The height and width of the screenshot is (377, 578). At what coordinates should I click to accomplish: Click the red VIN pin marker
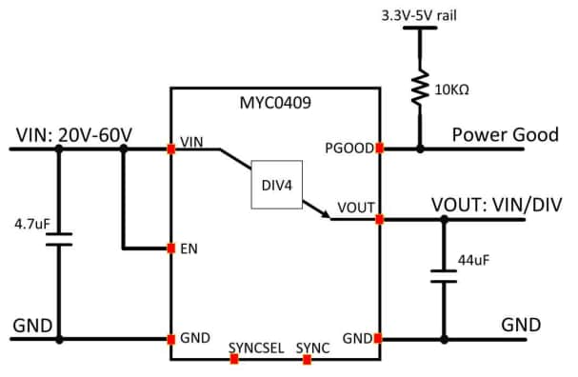tap(171, 149)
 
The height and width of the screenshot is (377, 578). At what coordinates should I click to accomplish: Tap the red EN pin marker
tap(171, 248)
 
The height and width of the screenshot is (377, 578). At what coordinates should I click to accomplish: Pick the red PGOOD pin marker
tap(380, 149)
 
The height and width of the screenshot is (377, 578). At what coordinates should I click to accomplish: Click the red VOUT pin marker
tap(380, 220)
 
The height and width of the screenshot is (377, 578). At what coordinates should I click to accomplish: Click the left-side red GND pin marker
tap(171, 338)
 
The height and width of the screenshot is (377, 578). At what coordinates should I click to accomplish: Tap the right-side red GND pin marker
tap(380, 338)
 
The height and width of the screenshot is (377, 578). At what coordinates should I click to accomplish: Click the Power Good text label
tap(505, 134)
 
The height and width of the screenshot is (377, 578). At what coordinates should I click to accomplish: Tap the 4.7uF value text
tap(31, 226)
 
